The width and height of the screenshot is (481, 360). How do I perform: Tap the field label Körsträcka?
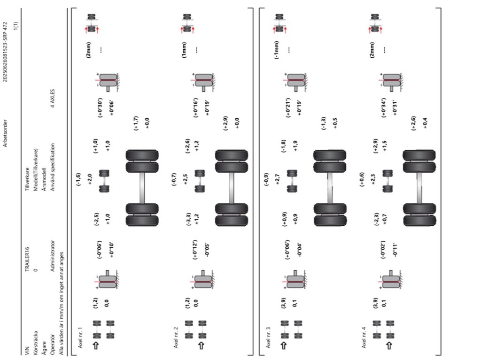pyautogui.click(x=36, y=345)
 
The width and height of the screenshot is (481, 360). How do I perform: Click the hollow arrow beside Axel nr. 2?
pyautogui.click(x=201, y=346)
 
